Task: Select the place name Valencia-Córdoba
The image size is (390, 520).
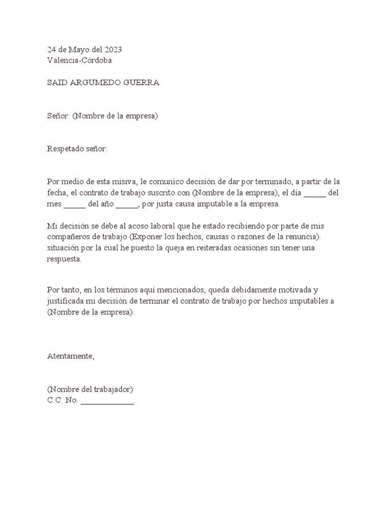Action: pyautogui.click(x=80, y=60)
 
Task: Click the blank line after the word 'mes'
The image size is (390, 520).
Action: pyautogui.click(x=75, y=205)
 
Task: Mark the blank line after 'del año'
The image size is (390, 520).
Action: pyautogui.click(x=127, y=205)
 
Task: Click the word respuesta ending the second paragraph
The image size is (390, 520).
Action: pyautogui.click(x=63, y=259)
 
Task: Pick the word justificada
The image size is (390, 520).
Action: pyautogui.click(x=68, y=301)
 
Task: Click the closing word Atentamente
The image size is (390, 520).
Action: pyautogui.click(x=71, y=356)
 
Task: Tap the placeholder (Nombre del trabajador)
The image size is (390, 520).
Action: pyautogui.click(x=90, y=390)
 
